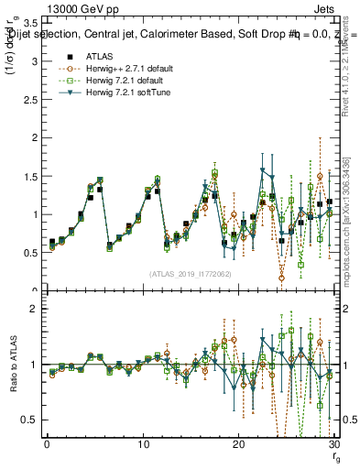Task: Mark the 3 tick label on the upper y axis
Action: point(34,61)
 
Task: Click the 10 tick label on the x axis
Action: point(143,443)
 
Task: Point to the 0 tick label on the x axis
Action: point(47,443)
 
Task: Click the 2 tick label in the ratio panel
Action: point(34,309)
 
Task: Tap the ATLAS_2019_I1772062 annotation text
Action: point(190,273)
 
